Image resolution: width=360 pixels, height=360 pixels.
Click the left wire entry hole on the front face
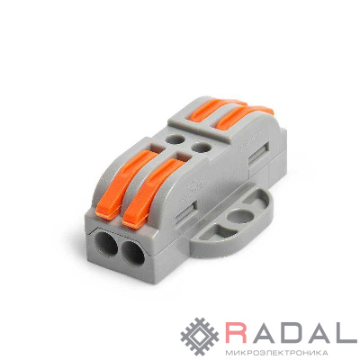point(106,244)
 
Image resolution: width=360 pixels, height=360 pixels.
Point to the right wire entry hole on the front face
point(133,252)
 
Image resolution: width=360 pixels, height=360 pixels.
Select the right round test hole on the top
point(202,147)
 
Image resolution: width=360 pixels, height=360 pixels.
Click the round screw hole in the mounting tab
point(241,215)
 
